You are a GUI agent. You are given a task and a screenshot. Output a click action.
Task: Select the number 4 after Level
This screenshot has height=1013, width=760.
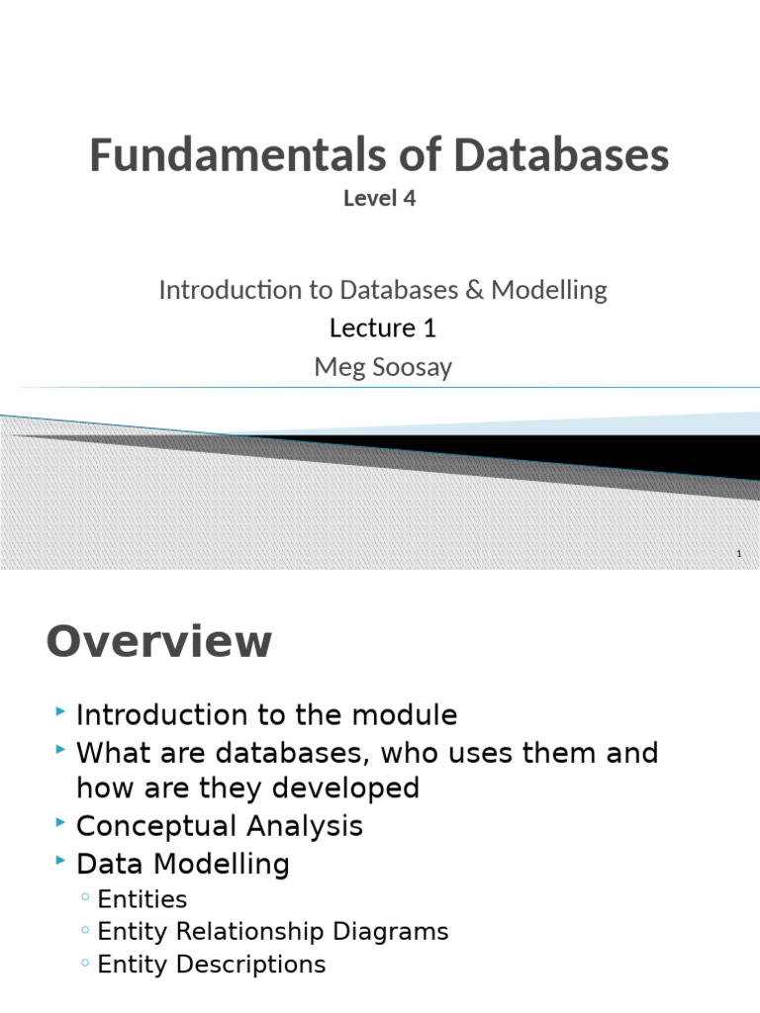click(x=409, y=198)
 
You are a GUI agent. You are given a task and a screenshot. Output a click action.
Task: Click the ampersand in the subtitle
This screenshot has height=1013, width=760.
click(x=474, y=290)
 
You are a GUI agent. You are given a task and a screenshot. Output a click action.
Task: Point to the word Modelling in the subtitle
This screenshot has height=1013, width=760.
click(x=549, y=290)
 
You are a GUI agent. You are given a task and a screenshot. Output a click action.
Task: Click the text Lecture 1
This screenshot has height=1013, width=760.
click(x=383, y=327)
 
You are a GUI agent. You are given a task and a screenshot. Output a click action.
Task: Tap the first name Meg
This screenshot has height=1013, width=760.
click(x=333, y=367)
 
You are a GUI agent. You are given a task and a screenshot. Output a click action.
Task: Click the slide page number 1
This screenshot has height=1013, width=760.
click(x=738, y=554)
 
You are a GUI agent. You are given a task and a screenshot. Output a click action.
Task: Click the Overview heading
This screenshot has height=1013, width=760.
click(x=158, y=642)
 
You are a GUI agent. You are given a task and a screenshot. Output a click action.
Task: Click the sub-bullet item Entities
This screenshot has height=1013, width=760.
click(x=142, y=899)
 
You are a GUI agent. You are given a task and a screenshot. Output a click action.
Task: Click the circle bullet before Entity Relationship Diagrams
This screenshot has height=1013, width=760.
click(x=86, y=932)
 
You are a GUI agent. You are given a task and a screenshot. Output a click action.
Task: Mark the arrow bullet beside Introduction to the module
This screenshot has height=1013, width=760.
click(x=61, y=711)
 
